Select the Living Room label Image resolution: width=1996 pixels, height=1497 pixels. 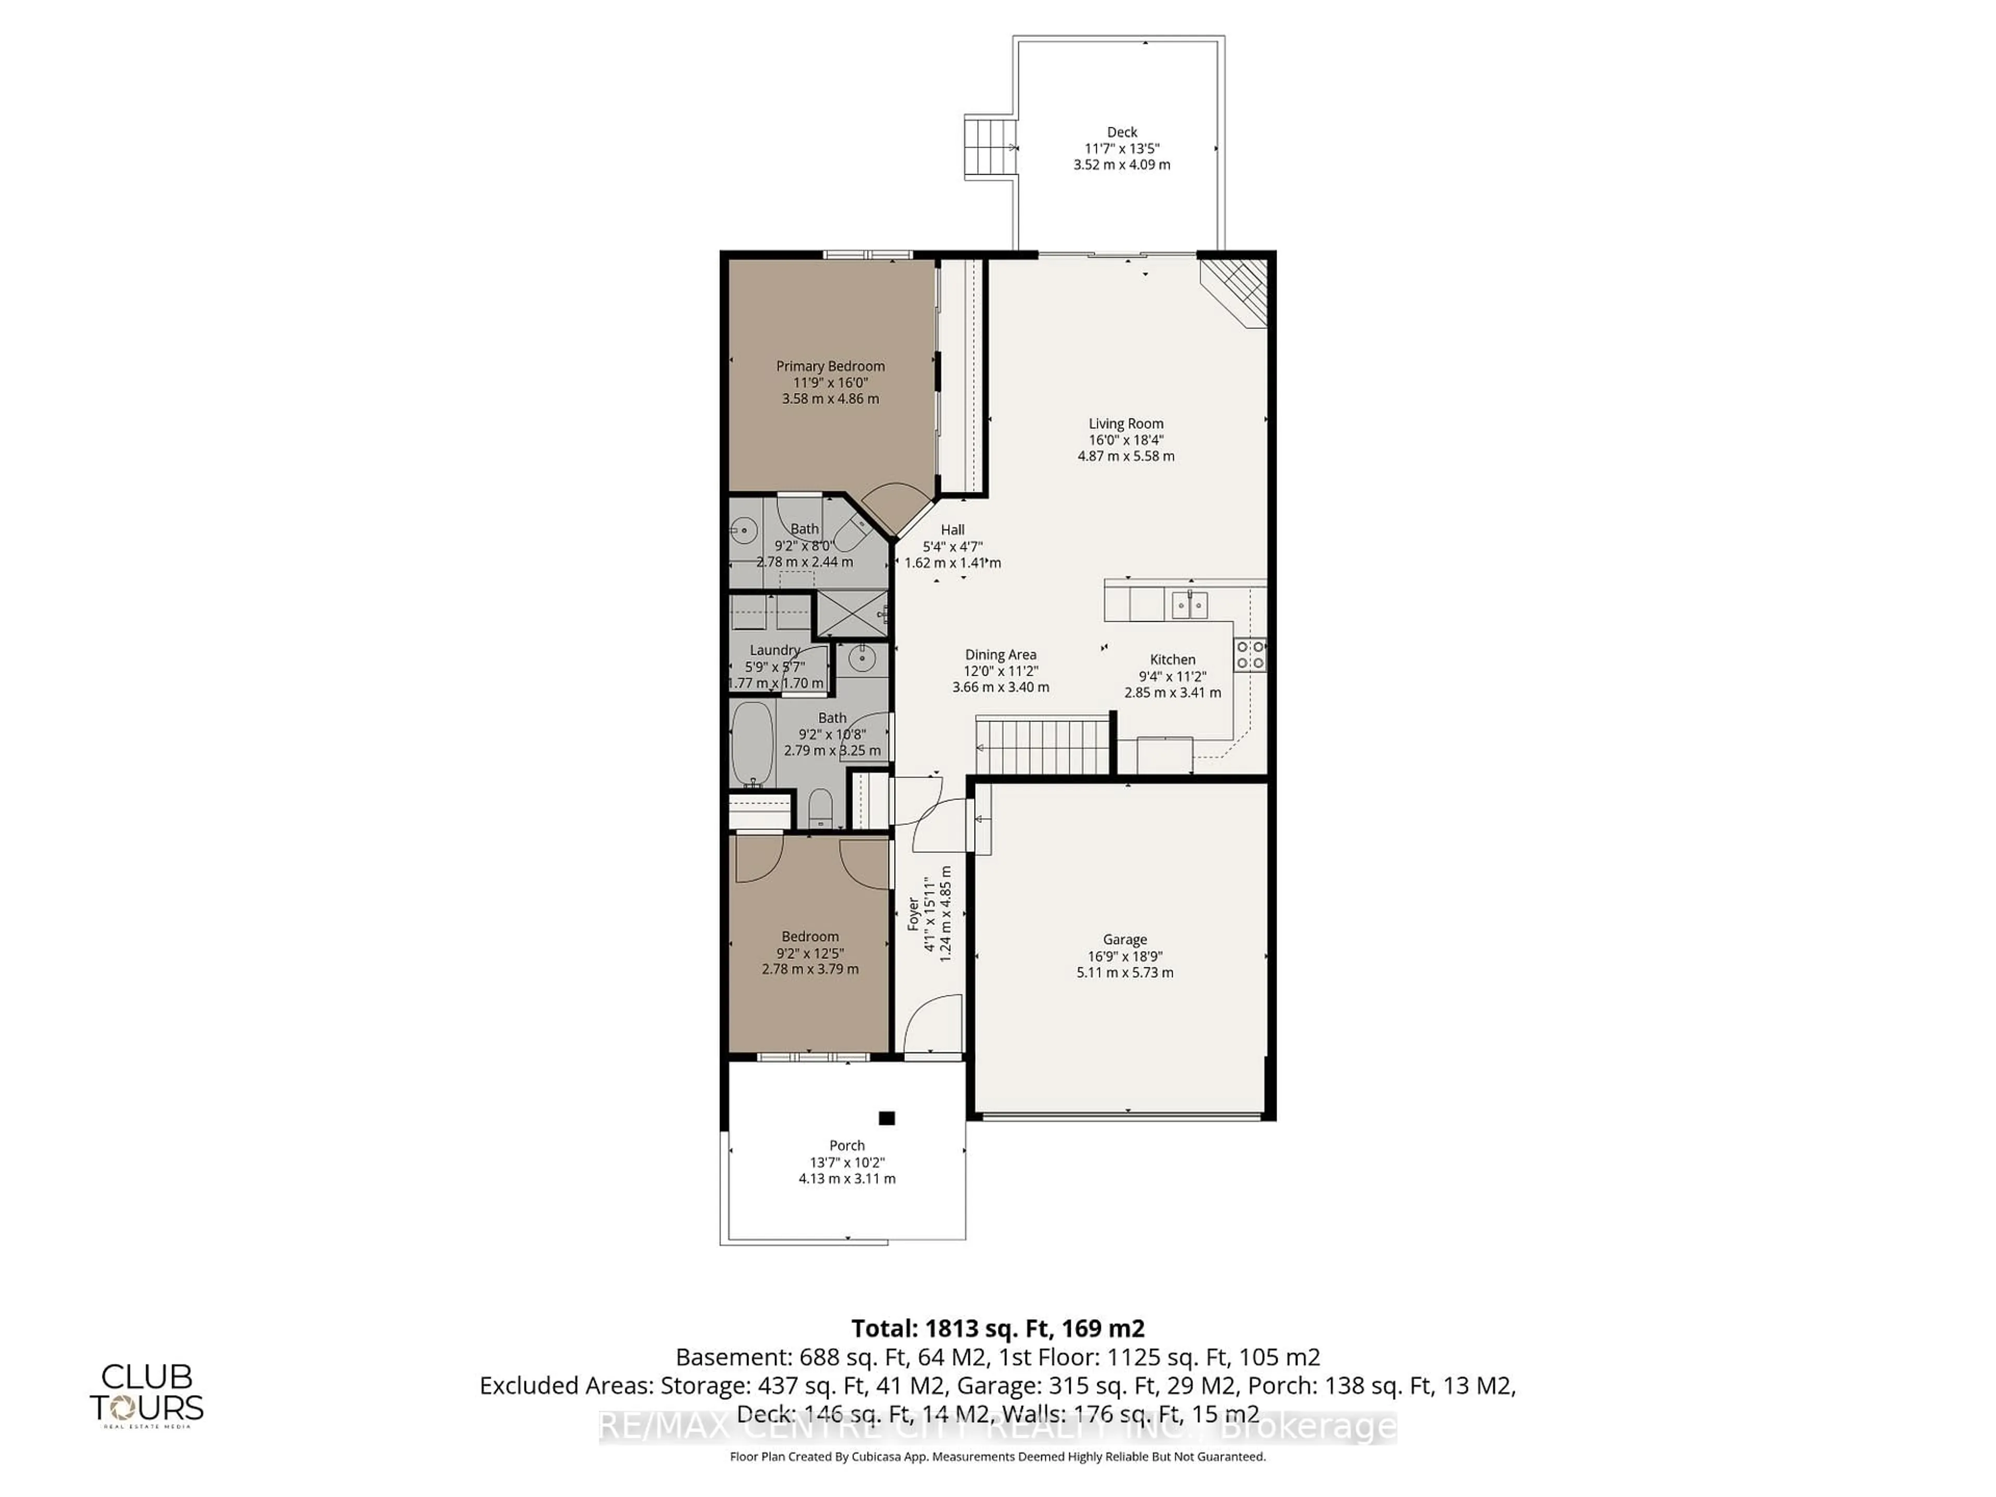1125,423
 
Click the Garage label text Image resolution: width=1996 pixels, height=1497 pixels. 1124,939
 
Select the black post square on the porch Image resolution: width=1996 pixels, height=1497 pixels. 886,1118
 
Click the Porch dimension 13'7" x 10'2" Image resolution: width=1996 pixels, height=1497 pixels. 846,1162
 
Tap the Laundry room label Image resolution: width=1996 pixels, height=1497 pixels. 774,650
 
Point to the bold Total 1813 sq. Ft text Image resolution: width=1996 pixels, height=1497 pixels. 997,1328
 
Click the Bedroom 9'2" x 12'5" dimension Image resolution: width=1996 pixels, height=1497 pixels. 809,953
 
